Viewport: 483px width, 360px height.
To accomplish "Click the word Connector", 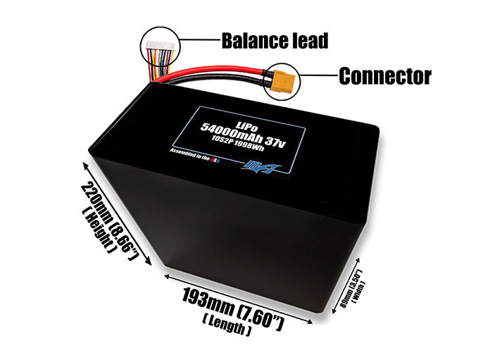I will click(x=384, y=75).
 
